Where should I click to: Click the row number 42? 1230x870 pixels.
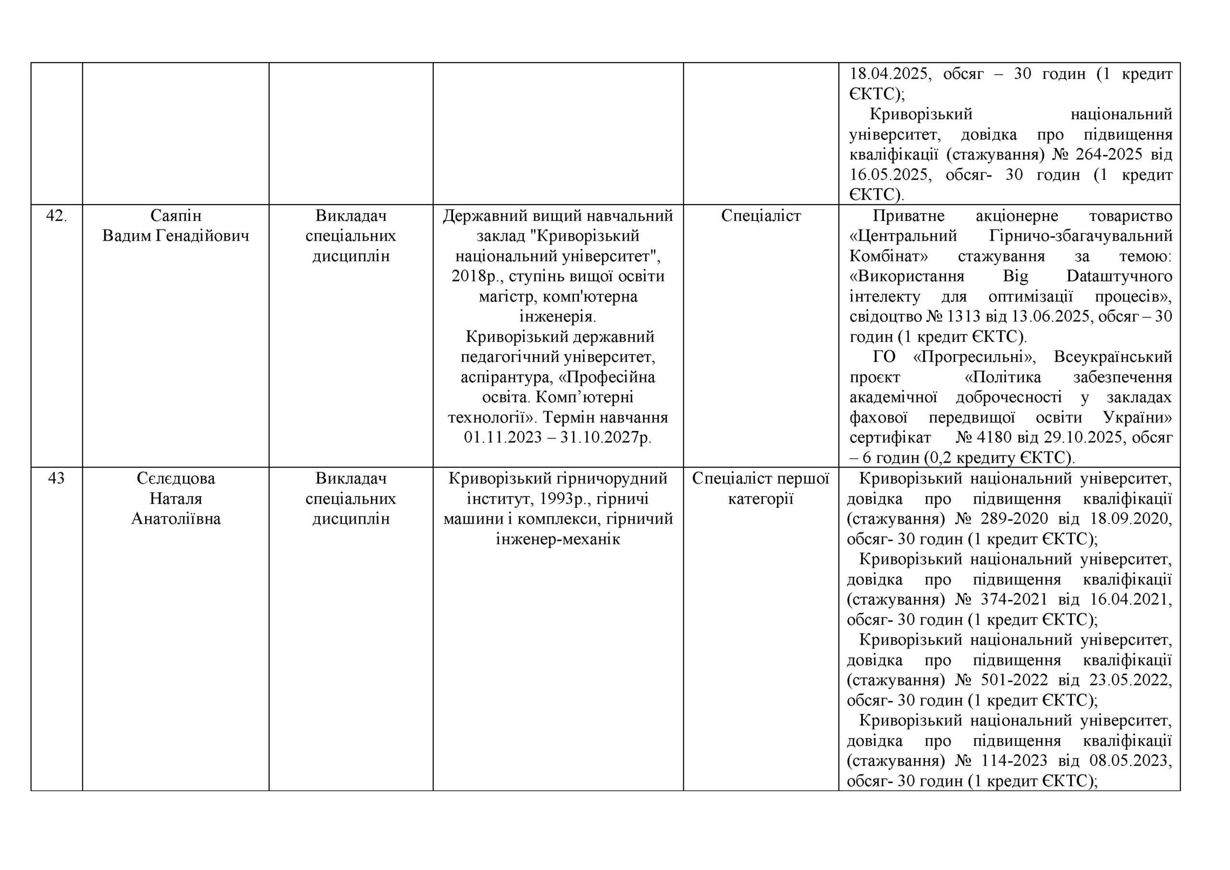pos(56,216)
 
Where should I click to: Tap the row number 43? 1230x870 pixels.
pos(56,478)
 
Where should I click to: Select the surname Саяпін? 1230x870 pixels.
pos(176,216)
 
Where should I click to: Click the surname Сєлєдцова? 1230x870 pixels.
pos(176,478)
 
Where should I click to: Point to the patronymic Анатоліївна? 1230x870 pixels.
pos(176,518)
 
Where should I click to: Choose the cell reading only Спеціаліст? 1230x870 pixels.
pos(761,216)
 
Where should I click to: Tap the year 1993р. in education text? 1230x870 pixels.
pos(558,499)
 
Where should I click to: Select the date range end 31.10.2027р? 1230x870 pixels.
pos(606,437)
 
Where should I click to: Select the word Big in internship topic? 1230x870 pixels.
pos(1015,276)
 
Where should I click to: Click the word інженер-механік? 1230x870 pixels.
pos(558,539)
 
